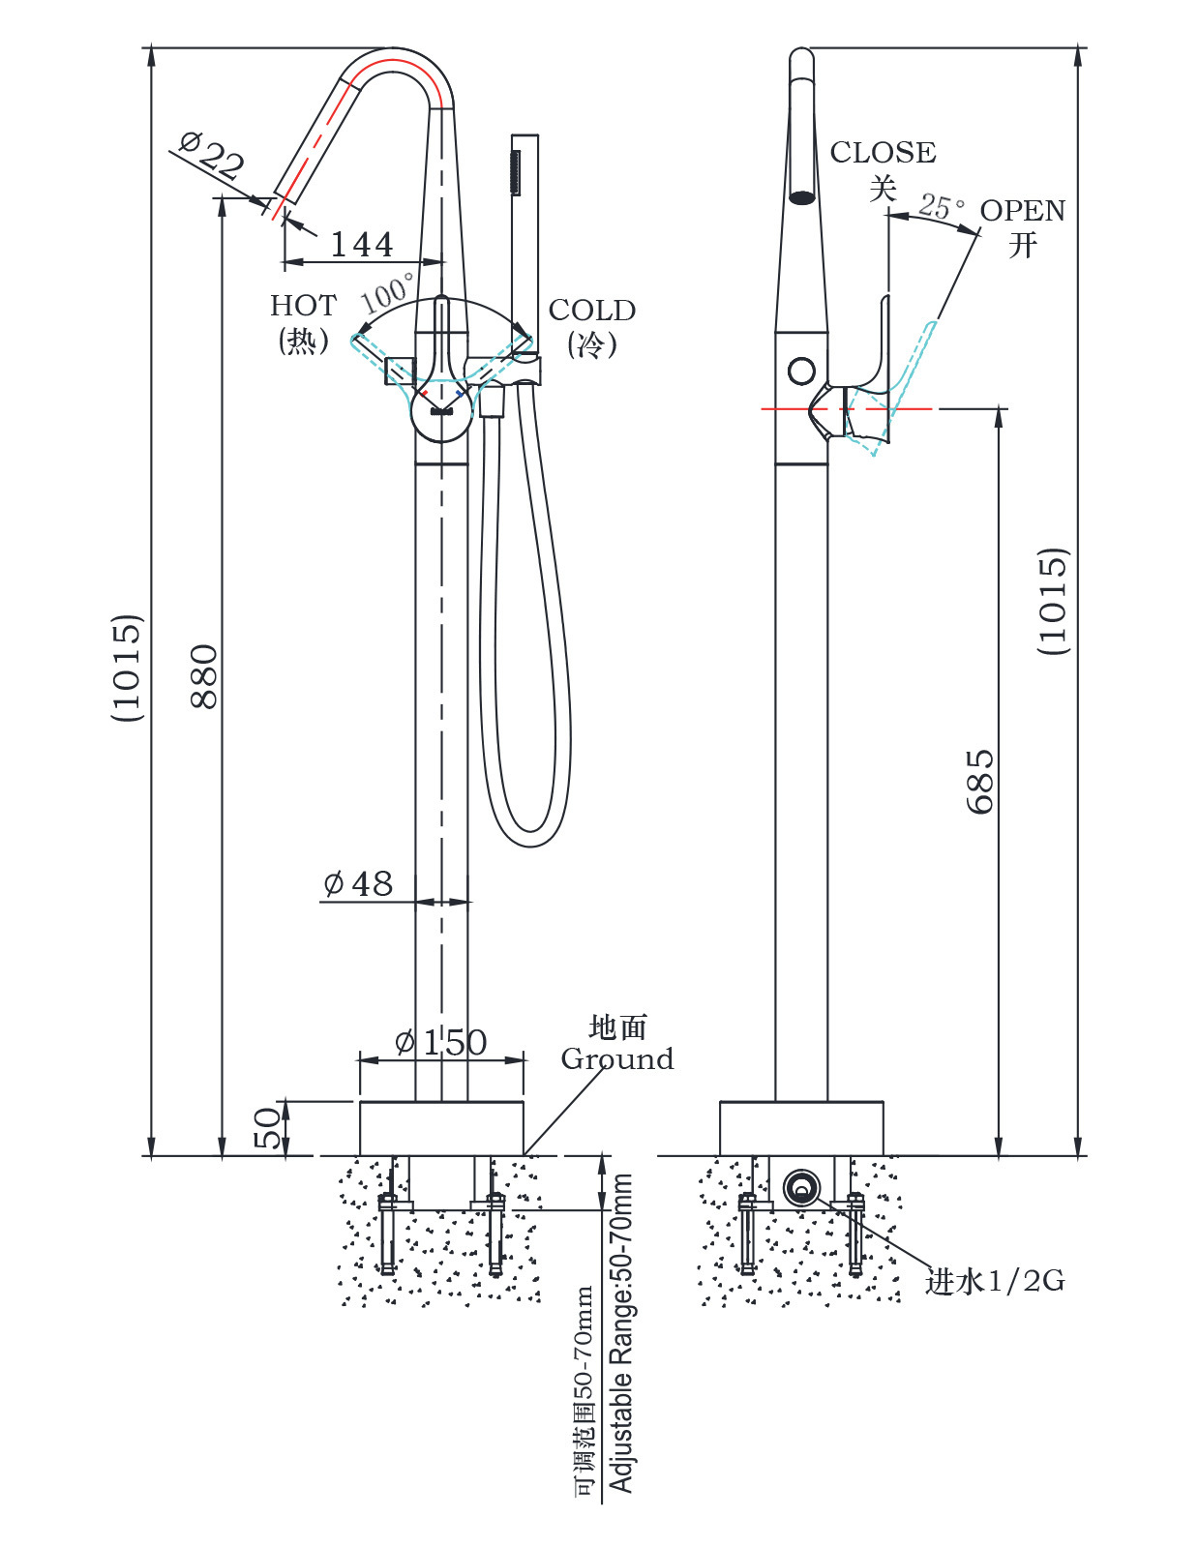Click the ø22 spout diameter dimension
click(212, 155)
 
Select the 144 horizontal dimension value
click(362, 244)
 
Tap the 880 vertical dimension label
click(204, 676)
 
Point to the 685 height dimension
click(979, 781)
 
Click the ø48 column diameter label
click(359, 883)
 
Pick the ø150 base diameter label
click(441, 1042)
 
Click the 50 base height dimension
click(268, 1128)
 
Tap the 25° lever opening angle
click(942, 206)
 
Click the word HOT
click(303, 306)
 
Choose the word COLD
click(592, 311)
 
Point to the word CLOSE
click(883, 153)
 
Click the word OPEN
click(1023, 211)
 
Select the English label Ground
click(617, 1059)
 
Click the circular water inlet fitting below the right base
click(801, 1187)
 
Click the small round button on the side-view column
click(801, 371)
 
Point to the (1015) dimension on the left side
click(128, 668)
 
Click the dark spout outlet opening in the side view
click(802, 197)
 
